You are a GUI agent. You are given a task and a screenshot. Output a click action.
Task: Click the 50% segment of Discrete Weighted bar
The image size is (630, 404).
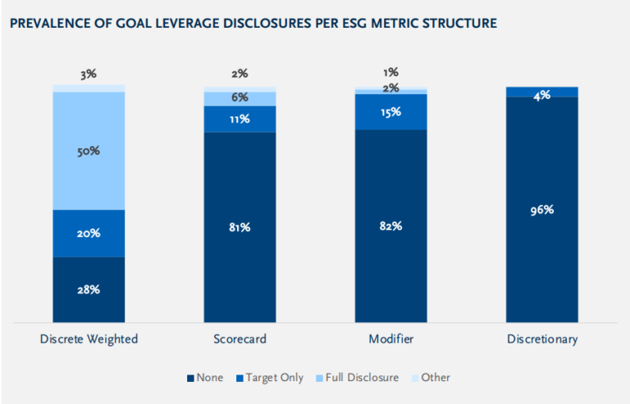pyautogui.click(x=89, y=151)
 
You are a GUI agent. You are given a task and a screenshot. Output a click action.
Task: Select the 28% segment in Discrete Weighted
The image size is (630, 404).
pyautogui.click(x=89, y=289)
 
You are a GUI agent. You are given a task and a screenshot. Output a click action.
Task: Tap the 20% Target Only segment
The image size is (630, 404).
pyautogui.click(x=89, y=234)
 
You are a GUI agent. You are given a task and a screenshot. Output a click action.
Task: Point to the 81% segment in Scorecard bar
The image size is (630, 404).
pyautogui.click(x=240, y=227)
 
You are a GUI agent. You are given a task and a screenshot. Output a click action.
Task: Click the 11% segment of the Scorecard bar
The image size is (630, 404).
pyautogui.click(x=240, y=119)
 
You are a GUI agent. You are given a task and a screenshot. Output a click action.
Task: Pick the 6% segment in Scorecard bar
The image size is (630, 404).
pyautogui.click(x=240, y=98)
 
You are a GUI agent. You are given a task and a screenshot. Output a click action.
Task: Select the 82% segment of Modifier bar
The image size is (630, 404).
pyautogui.click(x=390, y=225)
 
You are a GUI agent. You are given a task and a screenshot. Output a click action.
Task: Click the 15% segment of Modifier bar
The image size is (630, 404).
pyautogui.click(x=390, y=111)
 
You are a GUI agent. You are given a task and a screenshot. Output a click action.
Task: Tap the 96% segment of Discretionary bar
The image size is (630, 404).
pyautogui.click(x=541, y=209)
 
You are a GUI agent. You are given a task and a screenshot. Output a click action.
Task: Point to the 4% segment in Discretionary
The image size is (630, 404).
pyautogui.click(x=541, y=93)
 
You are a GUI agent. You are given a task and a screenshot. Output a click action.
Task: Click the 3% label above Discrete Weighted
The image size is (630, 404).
pyautogui.click(x=89, y=74)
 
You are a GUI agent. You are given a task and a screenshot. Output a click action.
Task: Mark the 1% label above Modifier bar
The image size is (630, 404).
pyautogui.click(x=390, y=73)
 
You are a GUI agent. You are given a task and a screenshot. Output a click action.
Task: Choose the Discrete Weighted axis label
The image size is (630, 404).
pyautogui.click(x=89, y=339)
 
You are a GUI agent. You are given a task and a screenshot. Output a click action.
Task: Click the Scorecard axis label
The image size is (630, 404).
pyautogui.click(x=240, y=339)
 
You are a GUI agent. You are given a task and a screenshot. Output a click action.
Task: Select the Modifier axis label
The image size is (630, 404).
pyautogui.click(x=390, y=339)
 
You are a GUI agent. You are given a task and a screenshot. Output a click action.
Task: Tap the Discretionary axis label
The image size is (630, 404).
pyautogui.click(x=541, y=339)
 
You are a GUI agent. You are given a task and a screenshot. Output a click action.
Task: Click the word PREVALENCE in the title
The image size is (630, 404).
pyautogui.click(x=44, y=24)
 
